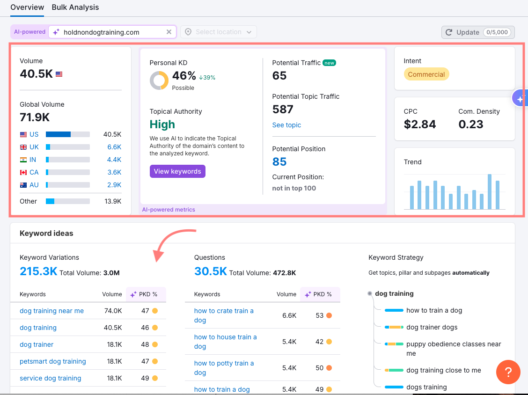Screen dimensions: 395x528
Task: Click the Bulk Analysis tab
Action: point(75,7)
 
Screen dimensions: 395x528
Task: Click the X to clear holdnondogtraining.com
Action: point(169,32)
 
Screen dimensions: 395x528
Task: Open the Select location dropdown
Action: point(219,32)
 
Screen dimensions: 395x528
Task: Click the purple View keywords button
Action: point(177,171)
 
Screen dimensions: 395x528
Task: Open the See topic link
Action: point(286,125)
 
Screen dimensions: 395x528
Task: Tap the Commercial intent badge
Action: point(426,74)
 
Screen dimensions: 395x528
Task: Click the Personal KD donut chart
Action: point(159,80)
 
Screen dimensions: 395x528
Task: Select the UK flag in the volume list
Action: point(23,147)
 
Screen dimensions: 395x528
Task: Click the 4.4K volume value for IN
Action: point(114,160)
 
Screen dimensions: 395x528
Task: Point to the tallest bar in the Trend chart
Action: point(490,192)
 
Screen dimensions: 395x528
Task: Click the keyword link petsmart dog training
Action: point(53,361)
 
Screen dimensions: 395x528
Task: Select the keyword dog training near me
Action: point(51,311)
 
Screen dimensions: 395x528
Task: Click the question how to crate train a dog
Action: point(224,315)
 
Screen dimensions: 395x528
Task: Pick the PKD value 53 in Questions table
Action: point(320,315)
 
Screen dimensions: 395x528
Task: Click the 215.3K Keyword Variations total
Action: point(38,271)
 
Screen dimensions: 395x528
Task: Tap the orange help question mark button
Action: point(508,372)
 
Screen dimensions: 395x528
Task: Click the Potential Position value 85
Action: point(279,162)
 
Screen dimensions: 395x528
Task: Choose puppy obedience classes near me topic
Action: point(454,349)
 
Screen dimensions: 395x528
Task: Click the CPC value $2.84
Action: point(420,124)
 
